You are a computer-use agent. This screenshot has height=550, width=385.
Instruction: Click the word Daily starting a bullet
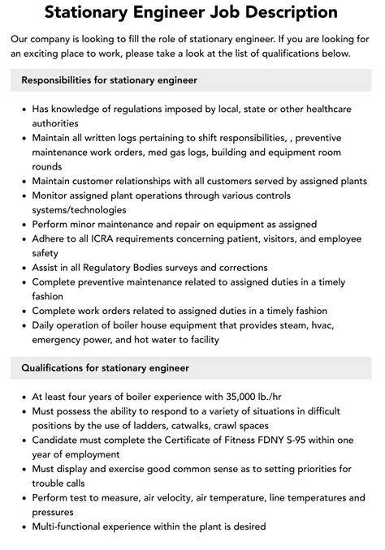pos(46,325)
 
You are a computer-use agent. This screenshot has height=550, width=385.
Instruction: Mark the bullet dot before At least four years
pos(23,397)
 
